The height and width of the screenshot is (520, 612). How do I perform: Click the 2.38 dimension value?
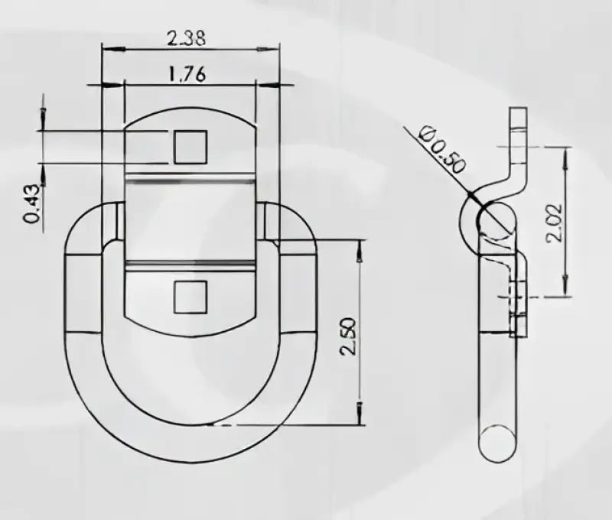pos(186,39)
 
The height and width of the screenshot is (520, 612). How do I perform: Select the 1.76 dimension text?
pos(187,73)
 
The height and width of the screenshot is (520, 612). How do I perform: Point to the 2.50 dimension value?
pos(348,336)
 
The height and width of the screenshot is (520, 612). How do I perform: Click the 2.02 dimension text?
pos(554,223)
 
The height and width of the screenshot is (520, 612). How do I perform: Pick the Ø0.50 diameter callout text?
pos(442,150)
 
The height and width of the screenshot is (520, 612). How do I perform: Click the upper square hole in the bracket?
pos(190,147)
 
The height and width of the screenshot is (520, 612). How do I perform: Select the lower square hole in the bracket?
pos(190,297)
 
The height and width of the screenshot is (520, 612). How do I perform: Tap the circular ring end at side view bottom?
pos(497,444)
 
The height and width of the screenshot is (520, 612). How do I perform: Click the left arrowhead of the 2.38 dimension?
pos(114,49)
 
